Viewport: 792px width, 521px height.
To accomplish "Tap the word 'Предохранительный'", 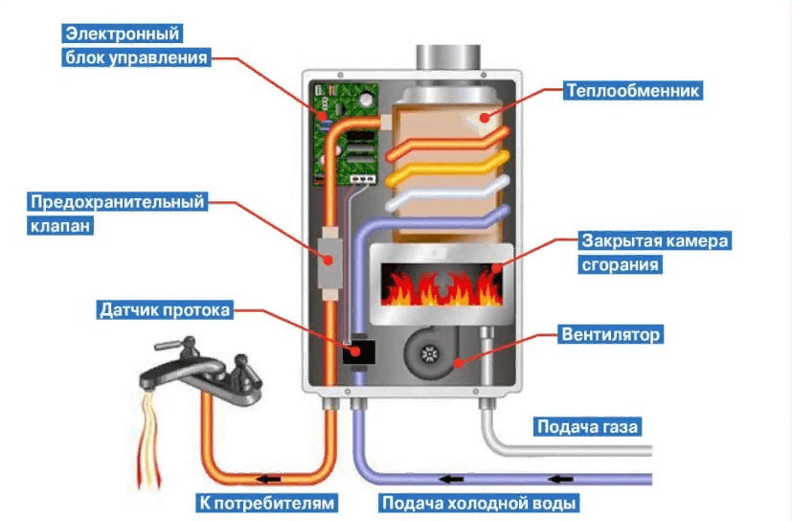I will point(119,203).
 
